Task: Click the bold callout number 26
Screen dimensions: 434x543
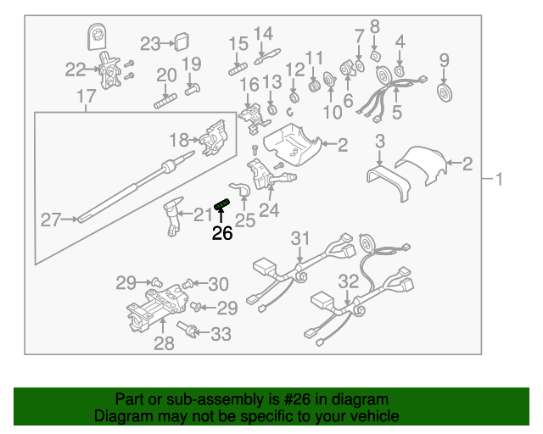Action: tap(221, 233)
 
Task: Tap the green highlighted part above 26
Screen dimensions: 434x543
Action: tap(222, 204)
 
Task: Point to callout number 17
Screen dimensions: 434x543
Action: tap(87, 98)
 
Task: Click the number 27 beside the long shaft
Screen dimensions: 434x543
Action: tap(52, 220)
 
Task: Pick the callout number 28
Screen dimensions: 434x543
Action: tap(164, 343)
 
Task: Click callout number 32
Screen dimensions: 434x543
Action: tap(349, 281)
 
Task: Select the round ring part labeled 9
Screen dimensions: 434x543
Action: tap(443, 91)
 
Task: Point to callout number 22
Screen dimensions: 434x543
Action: tap(76, 70)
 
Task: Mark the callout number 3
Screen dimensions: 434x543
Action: tap(380, 141)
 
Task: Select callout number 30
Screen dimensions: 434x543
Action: tap(218, 284)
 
